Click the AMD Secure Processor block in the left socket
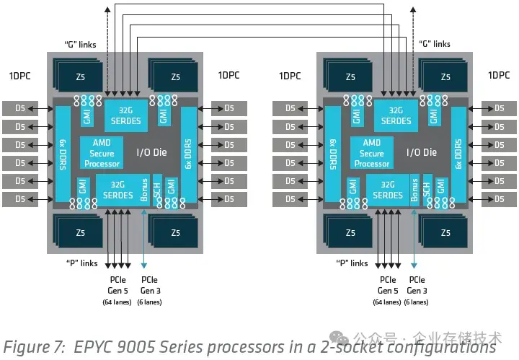click(x=102, y=152)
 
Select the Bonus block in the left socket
click(x=146, y=189)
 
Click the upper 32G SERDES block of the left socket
click(x=127, y=115)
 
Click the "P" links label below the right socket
click(x=352, y=263)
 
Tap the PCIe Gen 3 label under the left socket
click(x=150, y=285)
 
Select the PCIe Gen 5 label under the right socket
click(x=388, y=285)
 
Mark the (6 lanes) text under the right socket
click(x=417, y=302)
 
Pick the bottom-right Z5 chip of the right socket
click(x=444, y=232)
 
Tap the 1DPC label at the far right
click(x=499, y=75)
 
